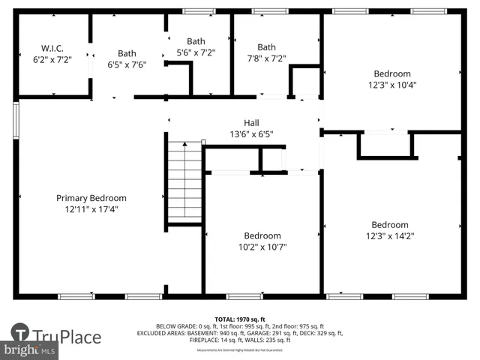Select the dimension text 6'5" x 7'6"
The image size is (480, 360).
[x=127, y=64]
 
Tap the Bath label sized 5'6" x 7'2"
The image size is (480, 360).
[x=196, y=41]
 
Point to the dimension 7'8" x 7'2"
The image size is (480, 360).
[x=266, y=58]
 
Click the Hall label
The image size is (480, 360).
[x=251, y=123]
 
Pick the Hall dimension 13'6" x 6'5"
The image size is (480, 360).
[x=251, y=134]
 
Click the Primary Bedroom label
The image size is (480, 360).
[x=91, y=198]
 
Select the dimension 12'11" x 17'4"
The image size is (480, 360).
[x=91, y=209]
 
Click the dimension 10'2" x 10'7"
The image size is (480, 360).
[x=262, y=247]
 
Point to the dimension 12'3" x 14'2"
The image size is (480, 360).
[x=390, y=235]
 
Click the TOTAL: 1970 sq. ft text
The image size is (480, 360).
[x=239, y=319]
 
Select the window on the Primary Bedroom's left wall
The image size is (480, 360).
[x=16, y=117]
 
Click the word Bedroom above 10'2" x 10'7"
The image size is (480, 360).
[x=262, y=235]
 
